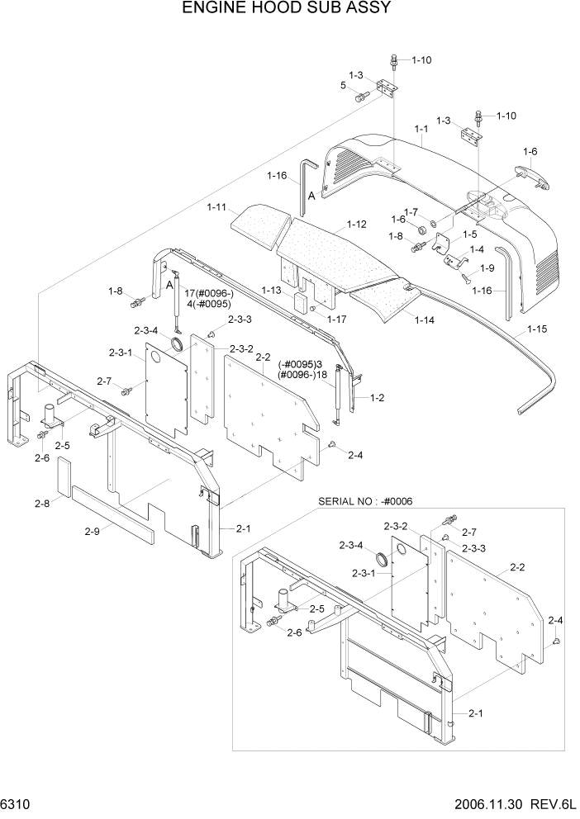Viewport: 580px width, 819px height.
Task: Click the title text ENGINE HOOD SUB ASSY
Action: (285, 9)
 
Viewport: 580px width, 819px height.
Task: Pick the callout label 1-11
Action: (217, 207)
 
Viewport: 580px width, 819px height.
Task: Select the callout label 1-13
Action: (272, 290)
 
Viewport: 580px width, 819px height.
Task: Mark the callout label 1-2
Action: (378, 397)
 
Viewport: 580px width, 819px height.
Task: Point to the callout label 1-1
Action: (421, 129)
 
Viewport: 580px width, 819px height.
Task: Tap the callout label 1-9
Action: (487, 267)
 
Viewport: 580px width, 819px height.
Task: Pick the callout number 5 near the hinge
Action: (343, 85)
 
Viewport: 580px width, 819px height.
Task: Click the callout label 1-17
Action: (336, 319)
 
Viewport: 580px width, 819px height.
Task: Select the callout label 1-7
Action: (411, 211)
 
